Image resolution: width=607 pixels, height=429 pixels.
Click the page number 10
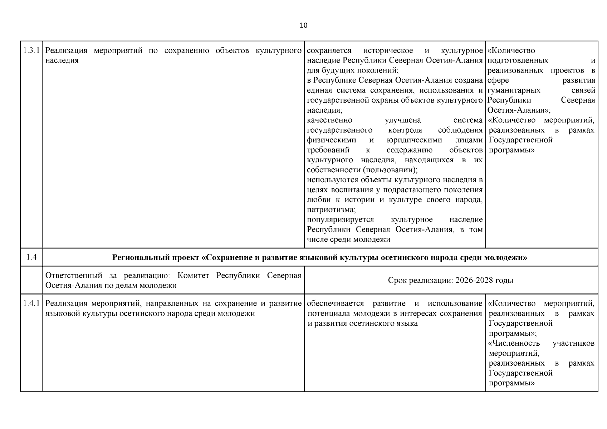pos(303,25)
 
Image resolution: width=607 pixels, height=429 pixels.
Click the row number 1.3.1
pos(31,50)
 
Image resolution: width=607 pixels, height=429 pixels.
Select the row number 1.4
pos(31,257)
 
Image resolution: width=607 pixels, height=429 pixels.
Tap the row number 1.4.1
pos(31,304)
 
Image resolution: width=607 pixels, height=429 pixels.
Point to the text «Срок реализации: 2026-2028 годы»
pos(450,280)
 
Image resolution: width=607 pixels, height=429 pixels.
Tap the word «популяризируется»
pos(340,220)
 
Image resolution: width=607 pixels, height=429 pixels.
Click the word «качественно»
pos(329,120)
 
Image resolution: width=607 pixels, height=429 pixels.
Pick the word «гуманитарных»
pos(514,90)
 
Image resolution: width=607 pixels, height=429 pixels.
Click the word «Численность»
pos(514,343)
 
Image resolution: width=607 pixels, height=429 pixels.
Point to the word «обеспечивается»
pos(335,304)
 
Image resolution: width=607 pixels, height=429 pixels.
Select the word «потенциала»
pos(329,314)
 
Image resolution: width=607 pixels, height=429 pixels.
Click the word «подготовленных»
pos(518,60)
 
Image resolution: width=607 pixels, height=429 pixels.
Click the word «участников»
pos(573,343)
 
